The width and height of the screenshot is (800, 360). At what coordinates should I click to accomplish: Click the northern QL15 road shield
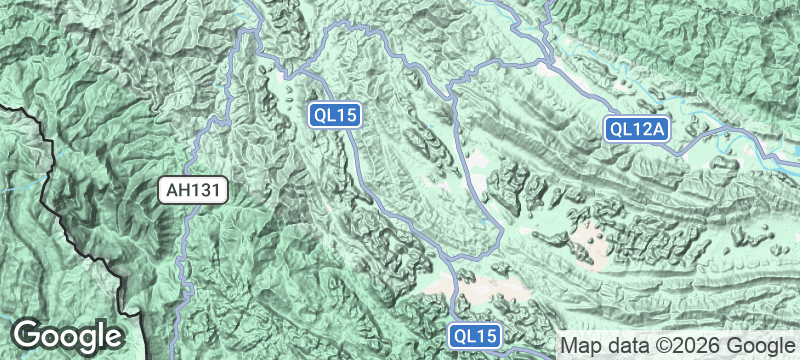click(x=334, y=115)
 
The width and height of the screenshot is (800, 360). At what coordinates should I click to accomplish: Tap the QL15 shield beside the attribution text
click(x=472, y=337)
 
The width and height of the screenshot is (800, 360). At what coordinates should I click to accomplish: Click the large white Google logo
click(x=68, y=336)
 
